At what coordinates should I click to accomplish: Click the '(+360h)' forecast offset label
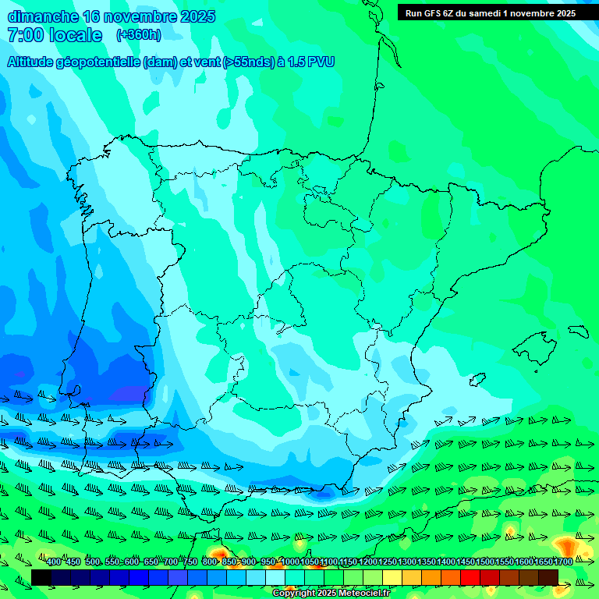click(138, 35)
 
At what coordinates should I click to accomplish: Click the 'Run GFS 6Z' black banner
click(491, 12)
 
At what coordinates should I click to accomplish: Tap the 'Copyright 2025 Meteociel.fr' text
click(331, 594)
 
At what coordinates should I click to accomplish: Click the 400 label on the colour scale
click(54, 562)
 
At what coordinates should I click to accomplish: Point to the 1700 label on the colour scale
click(563, 562)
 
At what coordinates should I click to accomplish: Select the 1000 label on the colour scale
click(289, 562)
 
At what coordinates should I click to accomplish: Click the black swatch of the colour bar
click(41, 577)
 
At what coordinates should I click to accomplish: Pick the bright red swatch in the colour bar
click(470, 577)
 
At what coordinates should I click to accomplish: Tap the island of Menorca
click(578, 331)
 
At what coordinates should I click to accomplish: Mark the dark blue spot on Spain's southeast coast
click(324, 492)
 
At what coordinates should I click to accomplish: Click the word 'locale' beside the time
click(76, 35)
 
